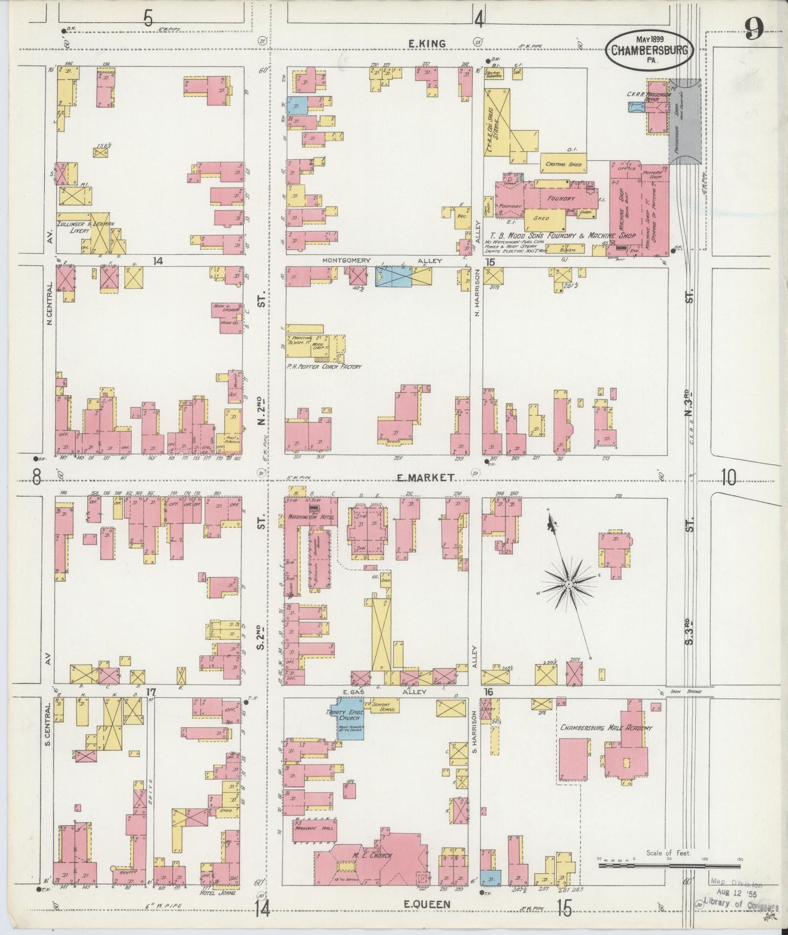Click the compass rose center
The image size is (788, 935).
(x=569, y=584)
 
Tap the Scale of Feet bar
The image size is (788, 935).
(x=669, y=865)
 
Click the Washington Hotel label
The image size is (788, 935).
(x=310, y=516)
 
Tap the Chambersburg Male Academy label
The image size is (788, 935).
(x=605, y=728)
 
